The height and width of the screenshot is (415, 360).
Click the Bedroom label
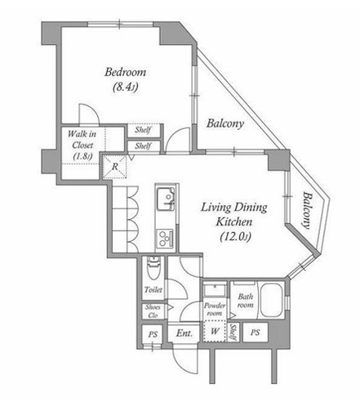click(126, 72)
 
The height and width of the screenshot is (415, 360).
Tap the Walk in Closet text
click(82, 140)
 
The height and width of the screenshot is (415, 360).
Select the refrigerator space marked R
click(115, 167)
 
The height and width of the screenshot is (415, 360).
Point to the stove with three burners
click(165, 238)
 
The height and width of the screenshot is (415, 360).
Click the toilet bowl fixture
click(153, 268)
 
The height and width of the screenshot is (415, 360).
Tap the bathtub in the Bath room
click(271, 301)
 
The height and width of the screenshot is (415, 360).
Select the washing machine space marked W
click(215, 331)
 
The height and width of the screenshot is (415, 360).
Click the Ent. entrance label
click(184, 332)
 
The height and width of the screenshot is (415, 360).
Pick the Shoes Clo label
click(153, 311)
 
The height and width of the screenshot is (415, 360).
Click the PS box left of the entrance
click(153, 334)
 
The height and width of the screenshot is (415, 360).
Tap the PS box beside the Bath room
click(255, 332)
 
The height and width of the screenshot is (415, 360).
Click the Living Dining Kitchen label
click(234, 215)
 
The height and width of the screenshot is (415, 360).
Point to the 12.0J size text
click(235, 236)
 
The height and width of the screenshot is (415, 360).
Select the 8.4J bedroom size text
click(126, 87)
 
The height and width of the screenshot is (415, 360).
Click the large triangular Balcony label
click(225, 123)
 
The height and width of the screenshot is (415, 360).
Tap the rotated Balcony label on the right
click(307, 210)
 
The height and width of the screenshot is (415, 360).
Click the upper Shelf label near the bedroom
click(143, 130)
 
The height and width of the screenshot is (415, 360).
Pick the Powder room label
click(215, 310)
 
